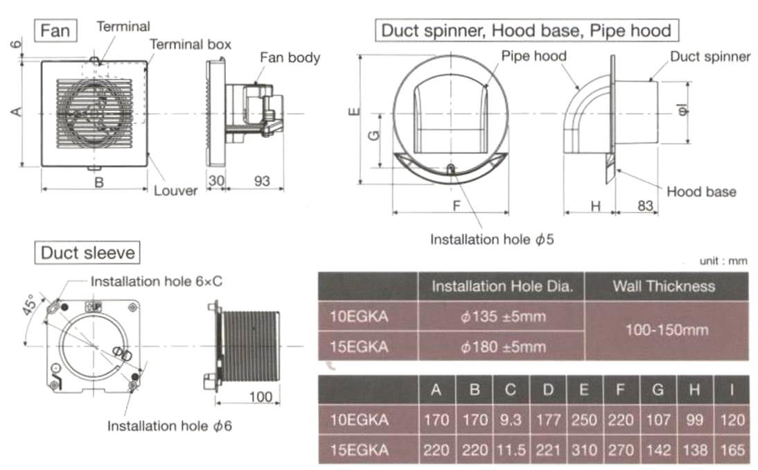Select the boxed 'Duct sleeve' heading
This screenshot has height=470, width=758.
[88, 252]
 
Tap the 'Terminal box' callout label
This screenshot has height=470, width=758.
[191, 44]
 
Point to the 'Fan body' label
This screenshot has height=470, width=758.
[290, 58]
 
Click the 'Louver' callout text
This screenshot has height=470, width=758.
[175, 190]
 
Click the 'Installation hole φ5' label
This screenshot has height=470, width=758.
[493, 239]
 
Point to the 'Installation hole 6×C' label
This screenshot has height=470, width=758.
[156, 282]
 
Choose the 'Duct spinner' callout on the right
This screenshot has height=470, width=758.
[709, 57]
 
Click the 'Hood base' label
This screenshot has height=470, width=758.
[701, 191]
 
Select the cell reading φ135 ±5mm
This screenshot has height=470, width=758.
[502, 317]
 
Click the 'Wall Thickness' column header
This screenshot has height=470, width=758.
[666, 286]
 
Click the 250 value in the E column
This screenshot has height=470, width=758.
[583, 419]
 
